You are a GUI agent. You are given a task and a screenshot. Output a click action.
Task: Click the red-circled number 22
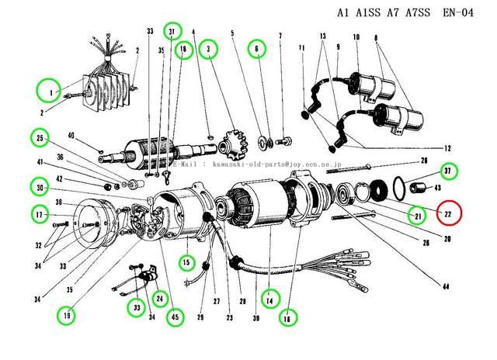(448, 213)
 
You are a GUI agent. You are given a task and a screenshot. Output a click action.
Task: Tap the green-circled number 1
(48, 92)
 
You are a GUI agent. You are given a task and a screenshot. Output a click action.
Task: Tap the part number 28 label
(423, 161)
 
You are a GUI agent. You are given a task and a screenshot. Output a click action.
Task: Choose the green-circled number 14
(269, 297)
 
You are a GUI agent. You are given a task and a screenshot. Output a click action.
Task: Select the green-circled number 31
(172, 31)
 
